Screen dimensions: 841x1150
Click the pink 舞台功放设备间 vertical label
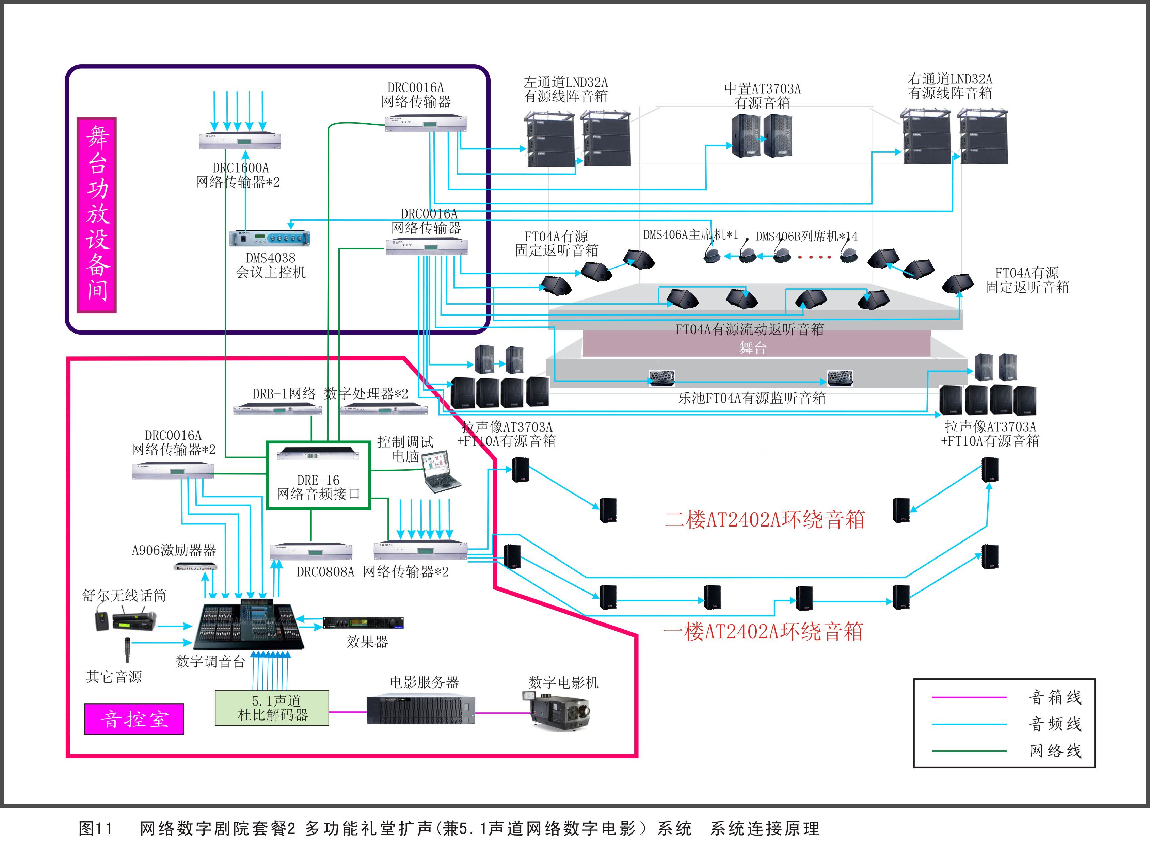point(97,215)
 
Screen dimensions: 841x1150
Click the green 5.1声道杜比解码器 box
point(272,708)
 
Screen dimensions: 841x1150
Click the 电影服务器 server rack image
point(420,710)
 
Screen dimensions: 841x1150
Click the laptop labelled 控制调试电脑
point(441,471)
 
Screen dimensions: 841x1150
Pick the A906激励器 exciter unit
point(195,566)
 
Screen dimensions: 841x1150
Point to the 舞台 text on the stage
point(752,348)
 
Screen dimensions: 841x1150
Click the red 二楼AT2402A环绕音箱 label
point(765,519)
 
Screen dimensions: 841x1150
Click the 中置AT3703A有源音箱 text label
point(762,96)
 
